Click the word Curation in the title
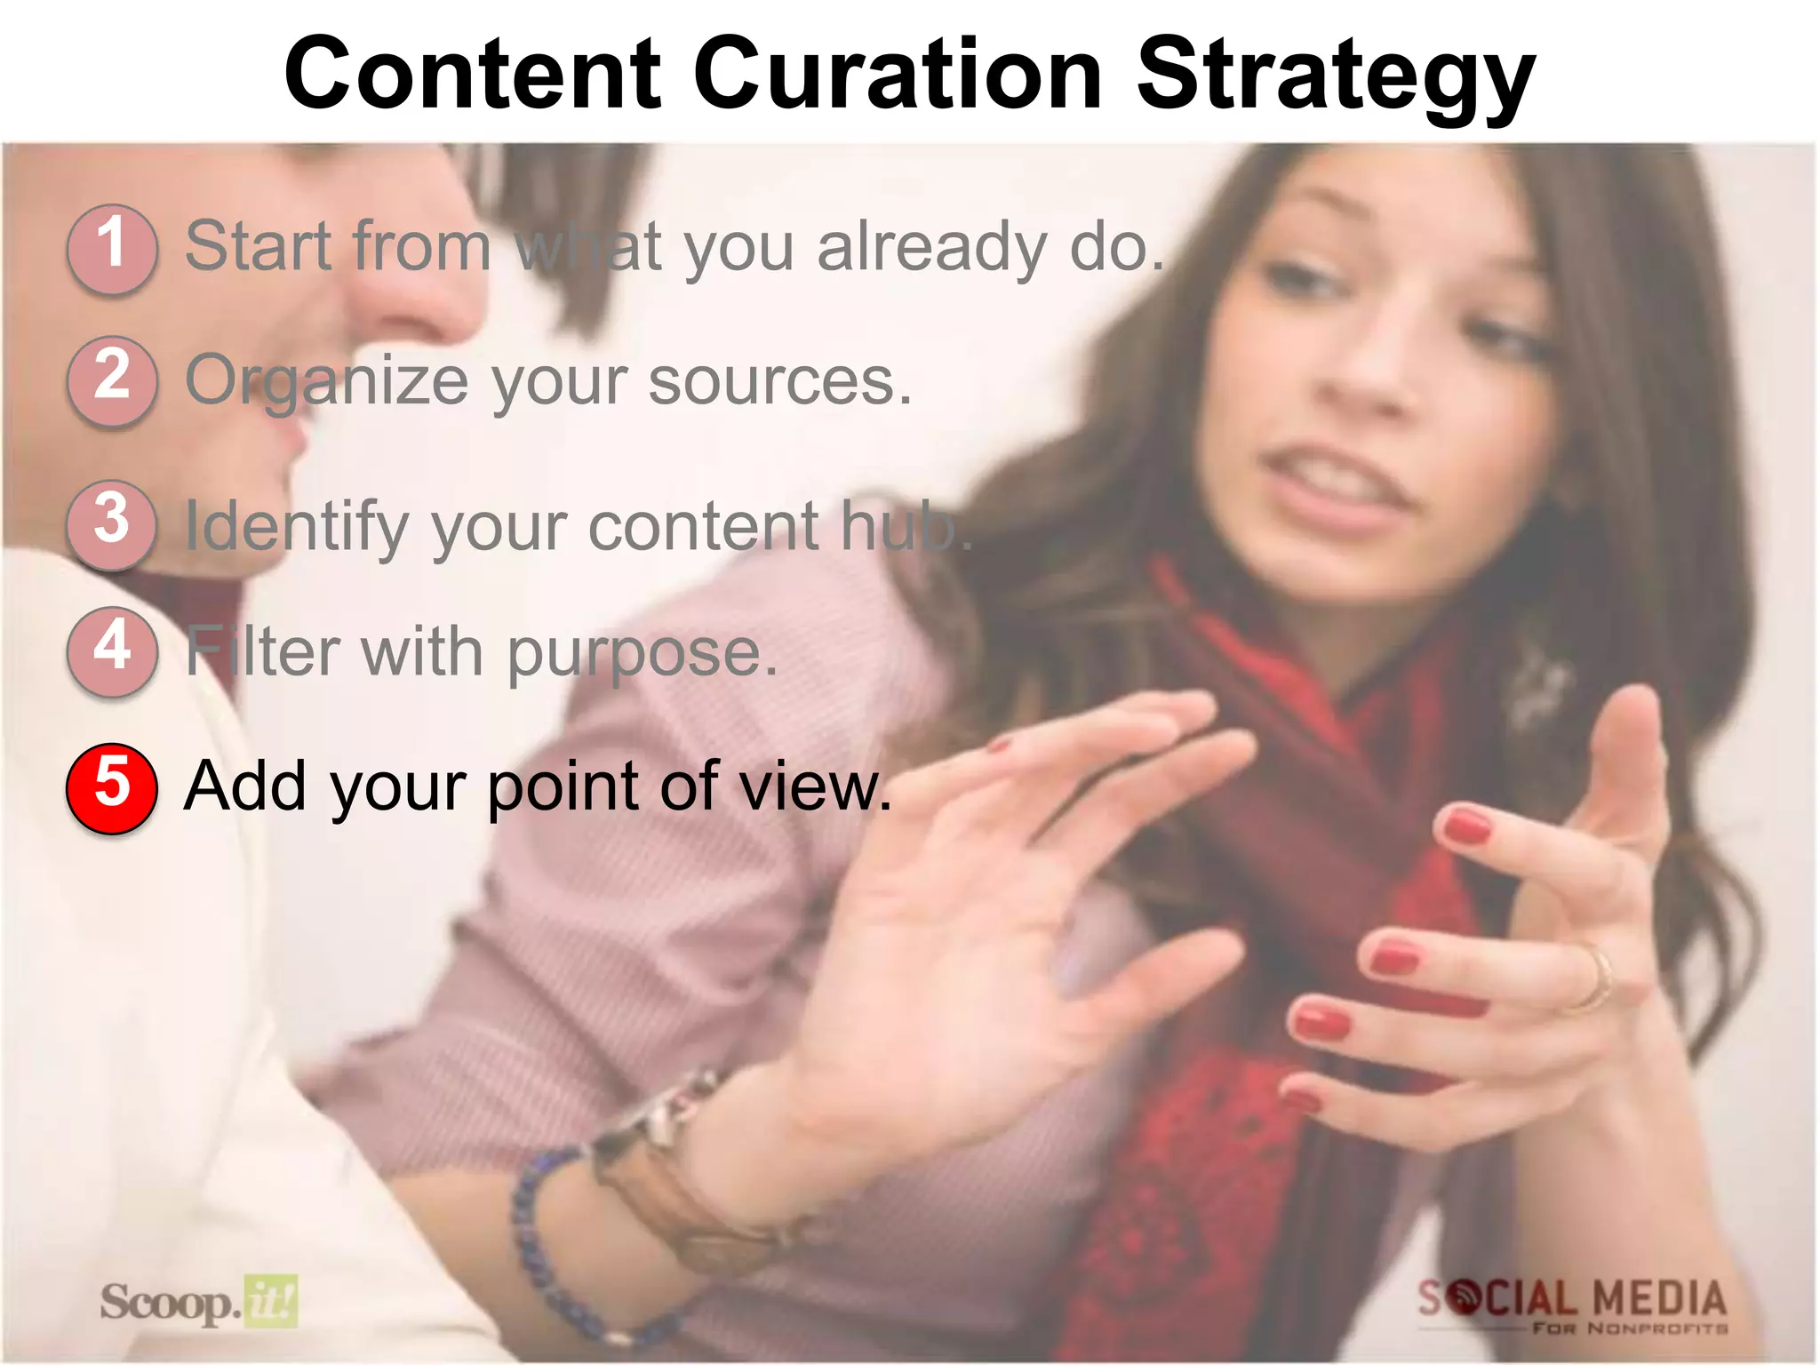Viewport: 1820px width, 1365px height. (x=898, y=75)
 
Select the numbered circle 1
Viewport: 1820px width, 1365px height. (x=112, y=249)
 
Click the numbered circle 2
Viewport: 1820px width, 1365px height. (x=112, y=380)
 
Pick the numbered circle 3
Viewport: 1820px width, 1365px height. (x=112, y=524)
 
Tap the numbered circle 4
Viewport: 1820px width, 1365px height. (x=112, y=651)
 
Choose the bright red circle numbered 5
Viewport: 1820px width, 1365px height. (x=112, y=787)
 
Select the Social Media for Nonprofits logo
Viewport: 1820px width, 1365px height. (x=1571, y=1305)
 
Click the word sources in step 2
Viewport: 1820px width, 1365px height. (x=779, y=382)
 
